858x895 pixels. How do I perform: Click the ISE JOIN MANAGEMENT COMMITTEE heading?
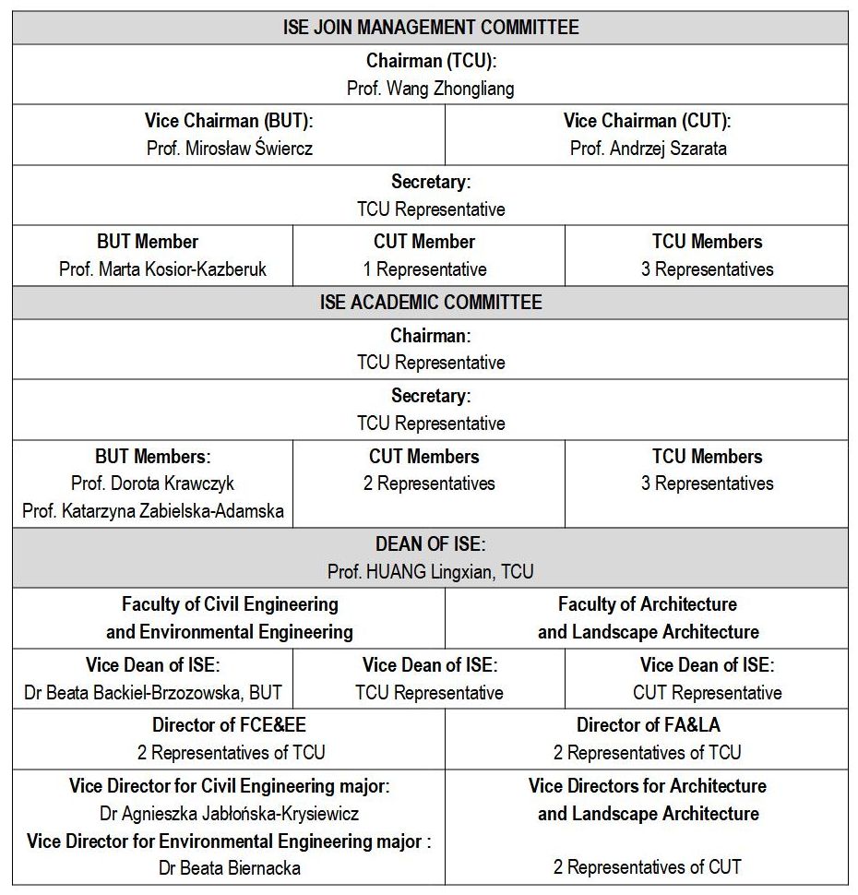pos(430,27)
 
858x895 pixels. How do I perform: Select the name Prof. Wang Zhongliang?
pos(430,89)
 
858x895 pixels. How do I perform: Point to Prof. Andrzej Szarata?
pos(648,149)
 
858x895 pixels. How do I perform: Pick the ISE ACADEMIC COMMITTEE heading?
pos(430,303)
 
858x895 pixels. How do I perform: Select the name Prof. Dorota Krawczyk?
pos(153,483)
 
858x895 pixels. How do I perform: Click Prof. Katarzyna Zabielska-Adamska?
pos(153,510)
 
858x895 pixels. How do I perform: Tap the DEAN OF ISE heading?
pos(430,543)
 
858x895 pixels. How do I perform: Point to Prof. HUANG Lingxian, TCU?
pos(430,572)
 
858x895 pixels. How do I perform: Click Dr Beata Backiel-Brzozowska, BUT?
pos(153,693)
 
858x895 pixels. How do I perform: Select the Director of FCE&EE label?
pos(230,725)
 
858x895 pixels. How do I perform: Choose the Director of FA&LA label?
pos(648,725)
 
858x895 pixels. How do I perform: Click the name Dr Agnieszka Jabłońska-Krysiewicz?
pos(230,814)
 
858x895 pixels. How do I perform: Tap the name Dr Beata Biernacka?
pos(230,867)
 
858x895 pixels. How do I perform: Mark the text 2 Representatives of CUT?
pos(648,867)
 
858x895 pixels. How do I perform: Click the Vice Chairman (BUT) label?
pos(230,121)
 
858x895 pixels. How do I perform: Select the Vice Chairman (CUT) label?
pos(648,121)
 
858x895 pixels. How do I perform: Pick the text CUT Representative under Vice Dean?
pos(707,693)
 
